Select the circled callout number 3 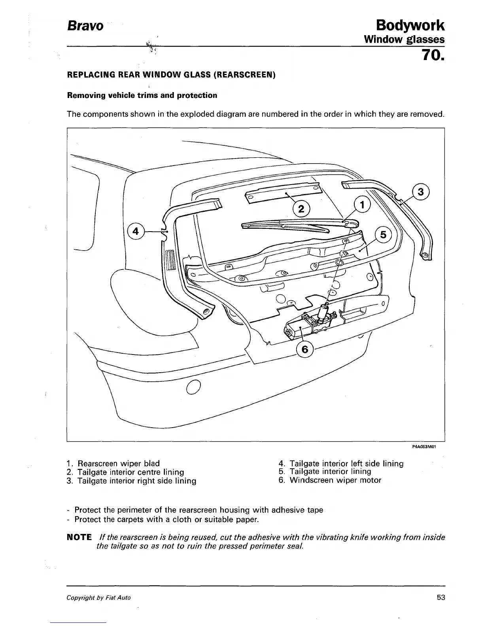point(421,192)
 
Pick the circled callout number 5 point(382,235)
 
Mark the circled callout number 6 point(304,349)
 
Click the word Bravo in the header point(85,26)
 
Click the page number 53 point(441,598)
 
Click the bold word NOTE point(79,537)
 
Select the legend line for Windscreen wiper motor point(330,481)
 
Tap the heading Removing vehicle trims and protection point(142,96)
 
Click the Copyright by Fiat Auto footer point(98,598)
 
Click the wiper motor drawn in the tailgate point(312,321)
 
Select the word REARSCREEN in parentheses point(244,75)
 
